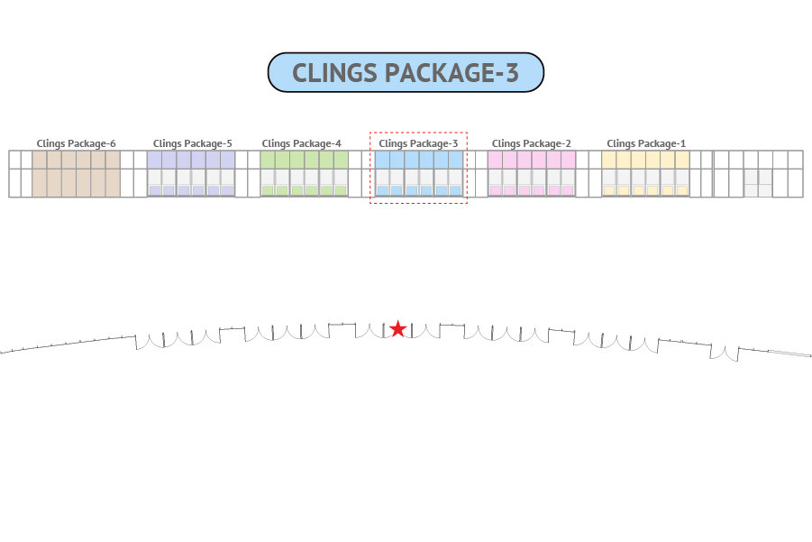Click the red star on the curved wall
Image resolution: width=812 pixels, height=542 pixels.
point(397,328)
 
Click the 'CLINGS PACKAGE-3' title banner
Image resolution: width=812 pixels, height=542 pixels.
point(406,72)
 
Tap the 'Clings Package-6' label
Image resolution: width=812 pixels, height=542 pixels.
point(76,143)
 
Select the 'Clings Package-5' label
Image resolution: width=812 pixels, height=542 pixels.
point(193,143)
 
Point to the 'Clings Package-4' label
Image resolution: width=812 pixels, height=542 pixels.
point(301,143)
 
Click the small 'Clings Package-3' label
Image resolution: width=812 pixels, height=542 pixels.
point(418,143)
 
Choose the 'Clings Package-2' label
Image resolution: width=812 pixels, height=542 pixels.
point(532,143)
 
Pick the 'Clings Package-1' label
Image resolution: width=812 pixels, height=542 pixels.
point(646,143)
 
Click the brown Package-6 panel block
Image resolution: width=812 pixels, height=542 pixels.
point(76,174)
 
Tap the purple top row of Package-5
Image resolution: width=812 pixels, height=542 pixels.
point(191,161)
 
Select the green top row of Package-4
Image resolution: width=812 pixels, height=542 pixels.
point(305,161)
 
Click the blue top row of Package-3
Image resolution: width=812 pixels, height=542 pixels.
point(419,161)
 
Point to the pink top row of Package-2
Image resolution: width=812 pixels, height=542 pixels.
point(532,161)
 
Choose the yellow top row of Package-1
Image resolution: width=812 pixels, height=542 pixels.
point(646,161)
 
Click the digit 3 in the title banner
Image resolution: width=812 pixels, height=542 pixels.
point(512,72)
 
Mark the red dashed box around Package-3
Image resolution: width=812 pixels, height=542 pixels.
point(418,133)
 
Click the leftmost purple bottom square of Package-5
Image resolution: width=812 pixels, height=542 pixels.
point(155,190)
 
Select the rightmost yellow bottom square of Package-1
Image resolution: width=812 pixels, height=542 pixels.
point(682,190)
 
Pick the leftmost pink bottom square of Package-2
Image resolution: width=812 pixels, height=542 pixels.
point(496,190)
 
